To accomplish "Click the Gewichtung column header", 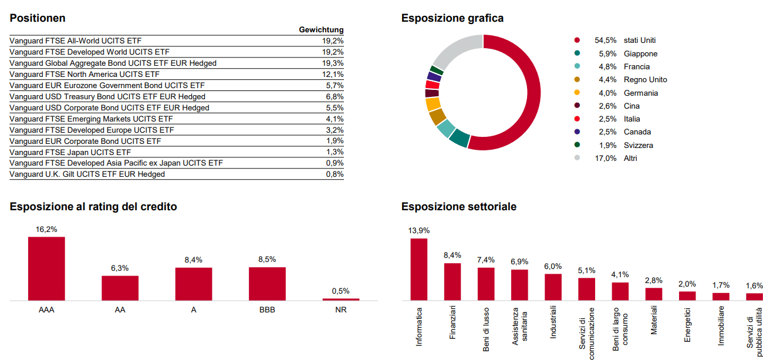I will coord(321,30).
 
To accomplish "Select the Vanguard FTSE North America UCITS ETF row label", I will coord(85,75).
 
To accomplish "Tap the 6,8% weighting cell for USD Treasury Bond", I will coord(335,96).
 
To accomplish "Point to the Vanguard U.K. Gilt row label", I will coord(87,174).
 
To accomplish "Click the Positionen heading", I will coord(38,18).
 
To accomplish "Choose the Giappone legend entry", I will coord(640,54).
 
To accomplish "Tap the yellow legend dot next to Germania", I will coord(577,93).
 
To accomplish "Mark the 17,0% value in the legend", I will coord(606,159).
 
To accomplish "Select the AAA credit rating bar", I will coord(46,268).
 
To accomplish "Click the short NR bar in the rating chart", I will coord(340,300).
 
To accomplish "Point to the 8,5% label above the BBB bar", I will coord(267,259).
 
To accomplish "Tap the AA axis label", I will coord(120,310).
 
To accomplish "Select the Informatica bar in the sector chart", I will coord(418,269).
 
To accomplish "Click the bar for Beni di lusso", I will coord(486,284).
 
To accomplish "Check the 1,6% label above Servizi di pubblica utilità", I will coord(754,286).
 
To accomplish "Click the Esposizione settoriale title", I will coord(459,207).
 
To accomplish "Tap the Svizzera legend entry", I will coord(638,146).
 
